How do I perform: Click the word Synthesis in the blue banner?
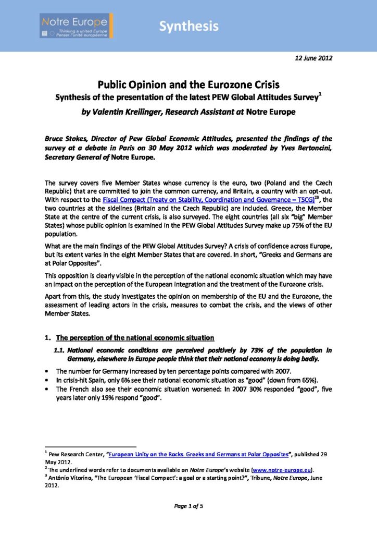[x=188, y=26]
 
